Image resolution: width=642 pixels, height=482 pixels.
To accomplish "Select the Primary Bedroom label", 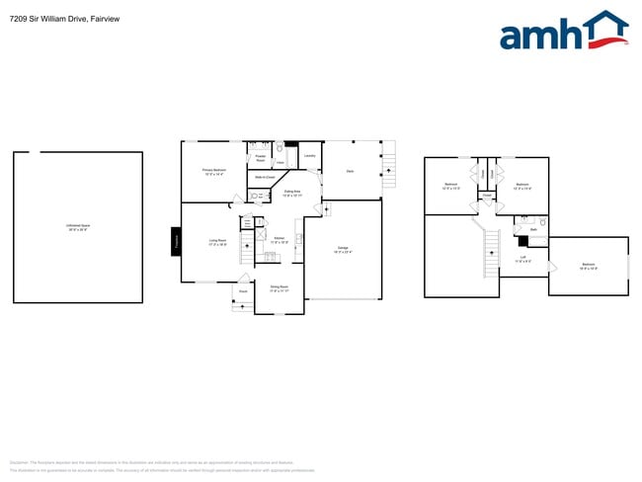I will click(x=215, y=172).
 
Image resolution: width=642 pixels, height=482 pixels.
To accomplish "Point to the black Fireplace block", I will click(x=176, y=242).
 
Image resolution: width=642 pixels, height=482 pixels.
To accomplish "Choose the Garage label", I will click(x=343, y=249).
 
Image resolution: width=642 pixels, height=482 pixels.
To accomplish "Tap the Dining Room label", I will click(x=279, y=288).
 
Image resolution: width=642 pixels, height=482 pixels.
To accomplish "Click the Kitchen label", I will click(x=280, y=239).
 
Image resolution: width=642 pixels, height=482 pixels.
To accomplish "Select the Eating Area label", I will click(x=292, y=194).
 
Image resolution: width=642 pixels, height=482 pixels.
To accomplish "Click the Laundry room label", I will click(x=309, y=156).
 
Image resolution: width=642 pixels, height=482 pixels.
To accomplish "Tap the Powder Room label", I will click(x=260, y=157).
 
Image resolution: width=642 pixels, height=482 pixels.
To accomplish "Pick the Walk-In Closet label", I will click(x=264, y=178).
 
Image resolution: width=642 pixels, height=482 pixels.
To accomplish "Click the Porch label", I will click(x=243, y=291).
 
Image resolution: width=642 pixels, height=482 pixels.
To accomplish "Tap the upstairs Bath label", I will click(x=533, y=230).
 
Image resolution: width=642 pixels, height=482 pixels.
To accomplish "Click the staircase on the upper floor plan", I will click(x=488, y=253).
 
